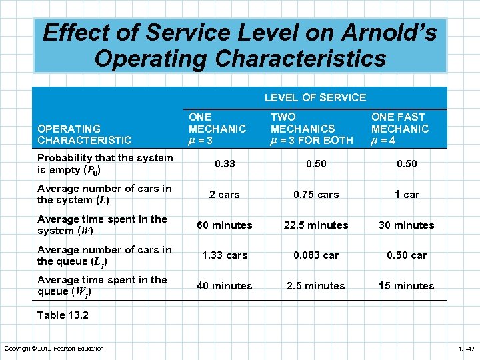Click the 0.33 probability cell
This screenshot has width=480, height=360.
[225, 164]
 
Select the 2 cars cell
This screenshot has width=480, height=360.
[225, 195]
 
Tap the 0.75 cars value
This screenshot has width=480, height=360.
[315, 195]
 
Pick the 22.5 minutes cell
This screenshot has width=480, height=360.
[315, 225]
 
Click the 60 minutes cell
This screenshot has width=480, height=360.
[225, 225]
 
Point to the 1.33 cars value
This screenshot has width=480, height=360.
[225, 255]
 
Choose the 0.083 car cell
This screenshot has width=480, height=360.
[315, 255]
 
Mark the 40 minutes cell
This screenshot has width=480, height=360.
[225, 286]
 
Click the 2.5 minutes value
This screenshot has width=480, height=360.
[315, 286]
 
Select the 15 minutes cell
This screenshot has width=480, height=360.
[406, 286]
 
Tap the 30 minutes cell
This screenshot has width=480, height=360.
[406, 225]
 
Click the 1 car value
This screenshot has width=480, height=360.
[406, 195]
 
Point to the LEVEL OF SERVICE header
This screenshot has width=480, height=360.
[315, 98]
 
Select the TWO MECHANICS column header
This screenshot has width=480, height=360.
[311, 129]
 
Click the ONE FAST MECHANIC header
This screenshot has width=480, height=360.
[400, 129]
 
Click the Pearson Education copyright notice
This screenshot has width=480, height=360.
[54, 349]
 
